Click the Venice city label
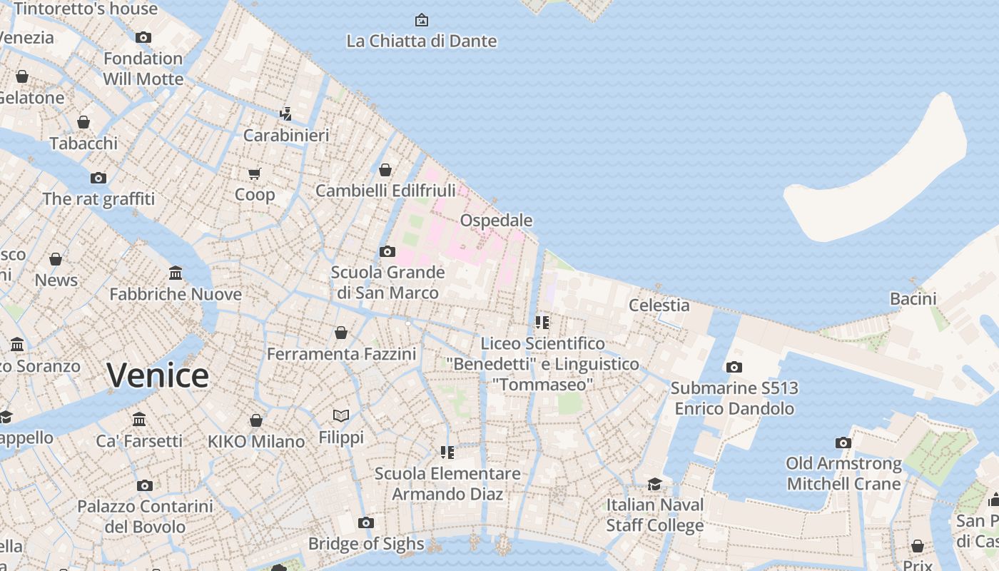[158, 375]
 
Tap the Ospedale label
[496, 220]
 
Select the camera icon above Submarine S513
[734, 367]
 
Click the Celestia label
[659, 305]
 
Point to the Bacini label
[913, 299]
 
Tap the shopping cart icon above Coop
[255, 173]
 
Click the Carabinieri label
[286, 136]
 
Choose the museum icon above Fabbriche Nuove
[176, 273]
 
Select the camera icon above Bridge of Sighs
[366, 522]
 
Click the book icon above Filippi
[341, 415]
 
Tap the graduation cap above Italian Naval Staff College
[654, 485]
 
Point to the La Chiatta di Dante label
[421, 41]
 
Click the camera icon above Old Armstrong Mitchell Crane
[843, 443]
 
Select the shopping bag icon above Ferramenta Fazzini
[341, 333]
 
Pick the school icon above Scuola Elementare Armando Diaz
[447, 452]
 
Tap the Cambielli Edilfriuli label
[385, 191]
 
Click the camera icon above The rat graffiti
[98, 178]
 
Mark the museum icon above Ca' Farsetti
[139, 419]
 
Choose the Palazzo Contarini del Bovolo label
[145, 517]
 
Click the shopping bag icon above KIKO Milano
[256, 420]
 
